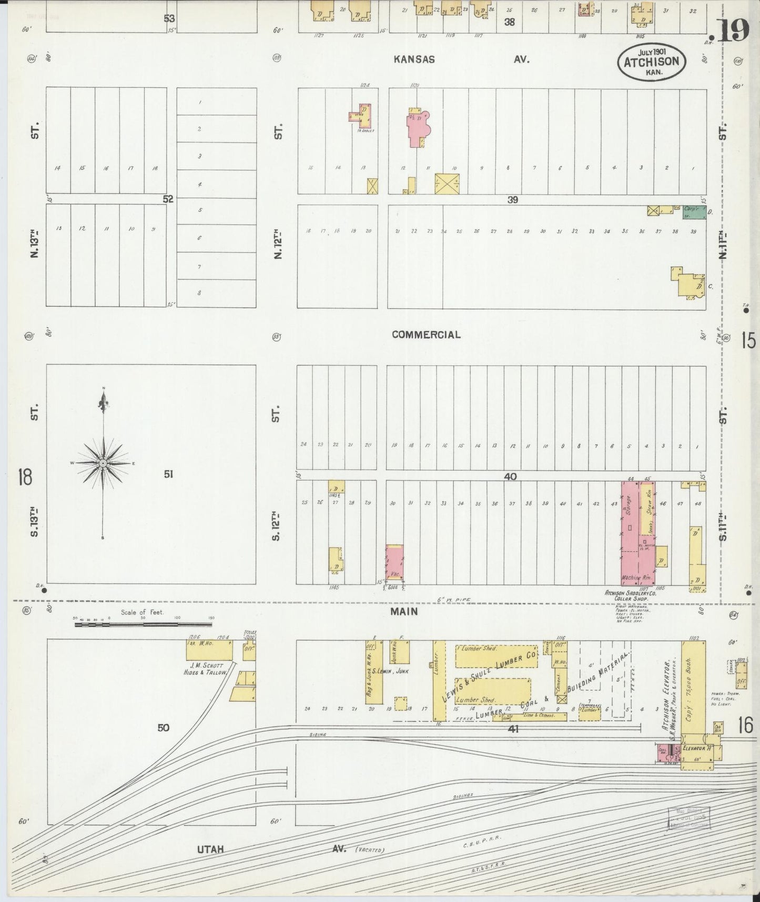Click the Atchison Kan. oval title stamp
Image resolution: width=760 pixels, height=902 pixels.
coord(652,61)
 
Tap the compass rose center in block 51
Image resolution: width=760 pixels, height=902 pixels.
coord(104,463)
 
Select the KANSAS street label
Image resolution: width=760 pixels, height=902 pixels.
coord(414,59)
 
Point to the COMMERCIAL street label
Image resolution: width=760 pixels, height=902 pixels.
coord(426,335)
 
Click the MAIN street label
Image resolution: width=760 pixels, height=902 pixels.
coord(404,612)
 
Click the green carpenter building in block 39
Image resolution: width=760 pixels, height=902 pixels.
coord(694,212)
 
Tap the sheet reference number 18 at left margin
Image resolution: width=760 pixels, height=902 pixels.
coord(25,477)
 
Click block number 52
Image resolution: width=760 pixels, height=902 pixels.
coord(168,199)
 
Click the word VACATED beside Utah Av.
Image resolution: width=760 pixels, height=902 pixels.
coord(370,849)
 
